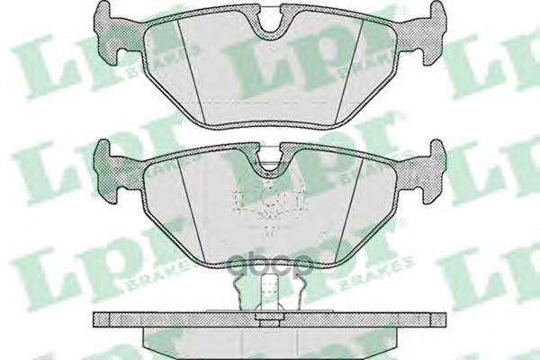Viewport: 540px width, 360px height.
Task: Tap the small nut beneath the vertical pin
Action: tap(265, 316)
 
